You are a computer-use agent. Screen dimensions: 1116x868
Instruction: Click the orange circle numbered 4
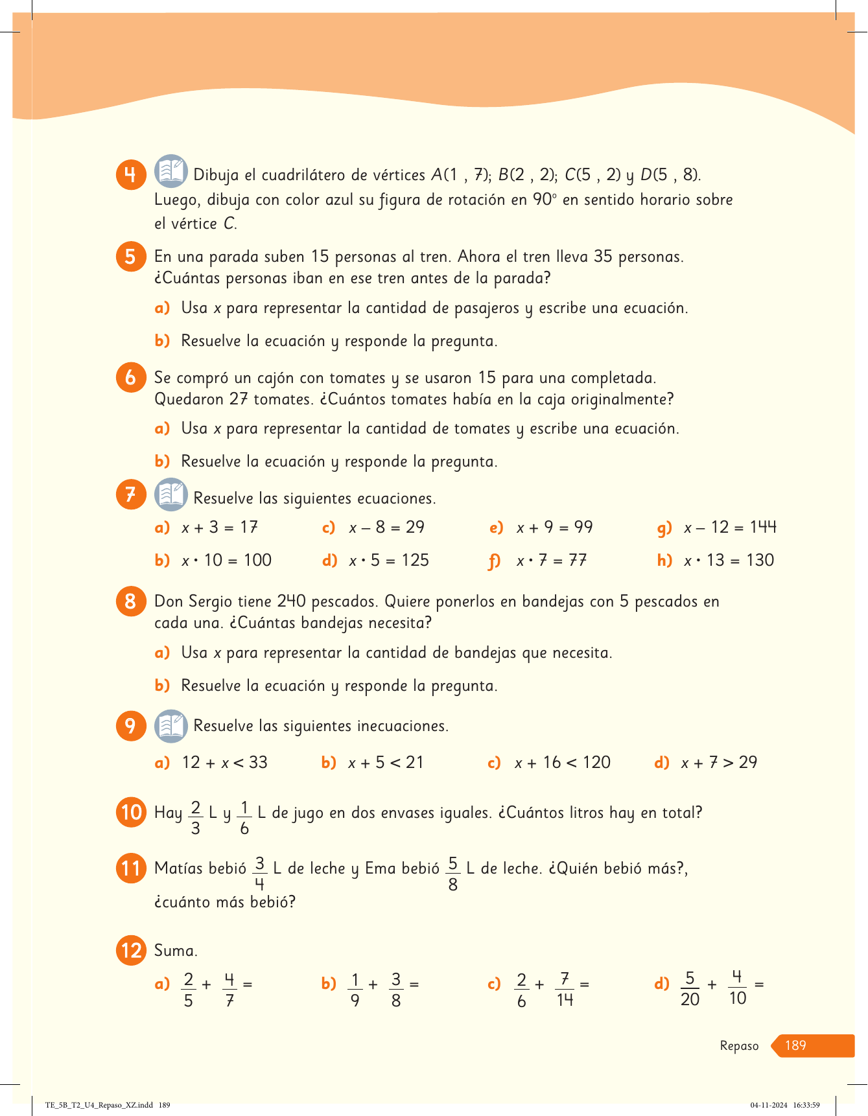pyautogui.click(x=130, y=174)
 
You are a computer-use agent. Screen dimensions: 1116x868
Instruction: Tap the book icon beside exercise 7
pyautogui.click(x=171, y=495)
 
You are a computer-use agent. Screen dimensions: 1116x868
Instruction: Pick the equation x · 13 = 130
pyautogui.click(x=729, y=561)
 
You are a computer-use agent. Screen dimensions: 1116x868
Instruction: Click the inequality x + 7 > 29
pyautogui.click(x=719, y=763)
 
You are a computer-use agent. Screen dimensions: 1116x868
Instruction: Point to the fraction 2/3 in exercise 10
pyautogui.click(x=195, y=818)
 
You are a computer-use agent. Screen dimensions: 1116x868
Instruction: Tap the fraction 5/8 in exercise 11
pyautogui.click(x=452, y=874)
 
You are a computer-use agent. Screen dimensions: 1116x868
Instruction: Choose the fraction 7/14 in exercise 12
pyautogui.click(x=565, y=990)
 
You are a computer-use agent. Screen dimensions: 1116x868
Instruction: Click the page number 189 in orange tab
pyautogui.click(x=795, y=1045)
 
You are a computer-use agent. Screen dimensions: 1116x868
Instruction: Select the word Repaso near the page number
pyautogui.click(x=739, y=1046)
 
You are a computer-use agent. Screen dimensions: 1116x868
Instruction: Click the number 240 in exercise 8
pyautogui.click(x=292, y=601)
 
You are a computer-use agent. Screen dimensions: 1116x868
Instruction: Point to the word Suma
pyautogui.click(x=176, y=951)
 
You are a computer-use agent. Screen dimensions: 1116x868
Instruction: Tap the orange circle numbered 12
pyautogui.click(x=131, y=951)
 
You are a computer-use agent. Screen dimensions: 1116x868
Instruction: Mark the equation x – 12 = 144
pyautogui.click(x=730, y=528)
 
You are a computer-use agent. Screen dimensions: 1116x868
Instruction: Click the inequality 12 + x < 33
pyautogui.click(x=224, y=763)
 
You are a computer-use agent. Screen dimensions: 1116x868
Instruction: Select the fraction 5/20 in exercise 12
pyautogui.click(x=690, y=989)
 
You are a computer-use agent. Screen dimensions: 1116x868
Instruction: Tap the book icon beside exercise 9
pyautogui.click(x=171, y=726)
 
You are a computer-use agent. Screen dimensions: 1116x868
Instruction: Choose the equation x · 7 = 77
pyautogui.click(x=551, y=561)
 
